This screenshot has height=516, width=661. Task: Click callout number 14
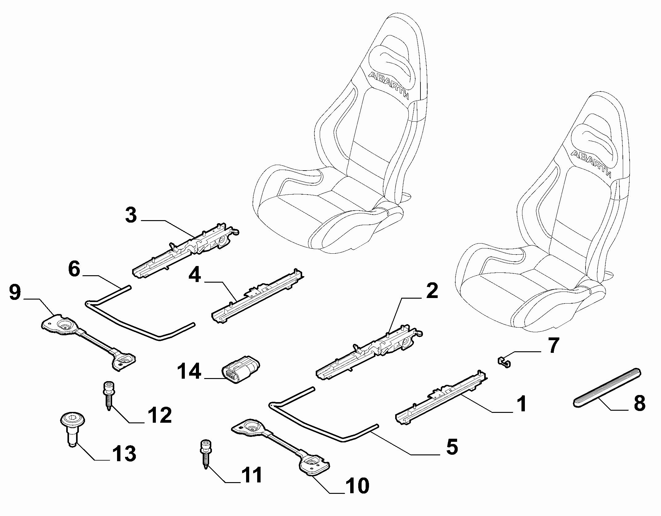pos(189,371)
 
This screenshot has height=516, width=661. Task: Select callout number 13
pos(123,454)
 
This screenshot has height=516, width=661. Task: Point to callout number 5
pos(452,447)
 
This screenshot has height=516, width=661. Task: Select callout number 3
pos(131,215)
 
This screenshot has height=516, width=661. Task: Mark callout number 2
pos(432,291)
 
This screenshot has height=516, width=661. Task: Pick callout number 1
pos(521,404)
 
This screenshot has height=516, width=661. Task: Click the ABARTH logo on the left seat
pos(389,85)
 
